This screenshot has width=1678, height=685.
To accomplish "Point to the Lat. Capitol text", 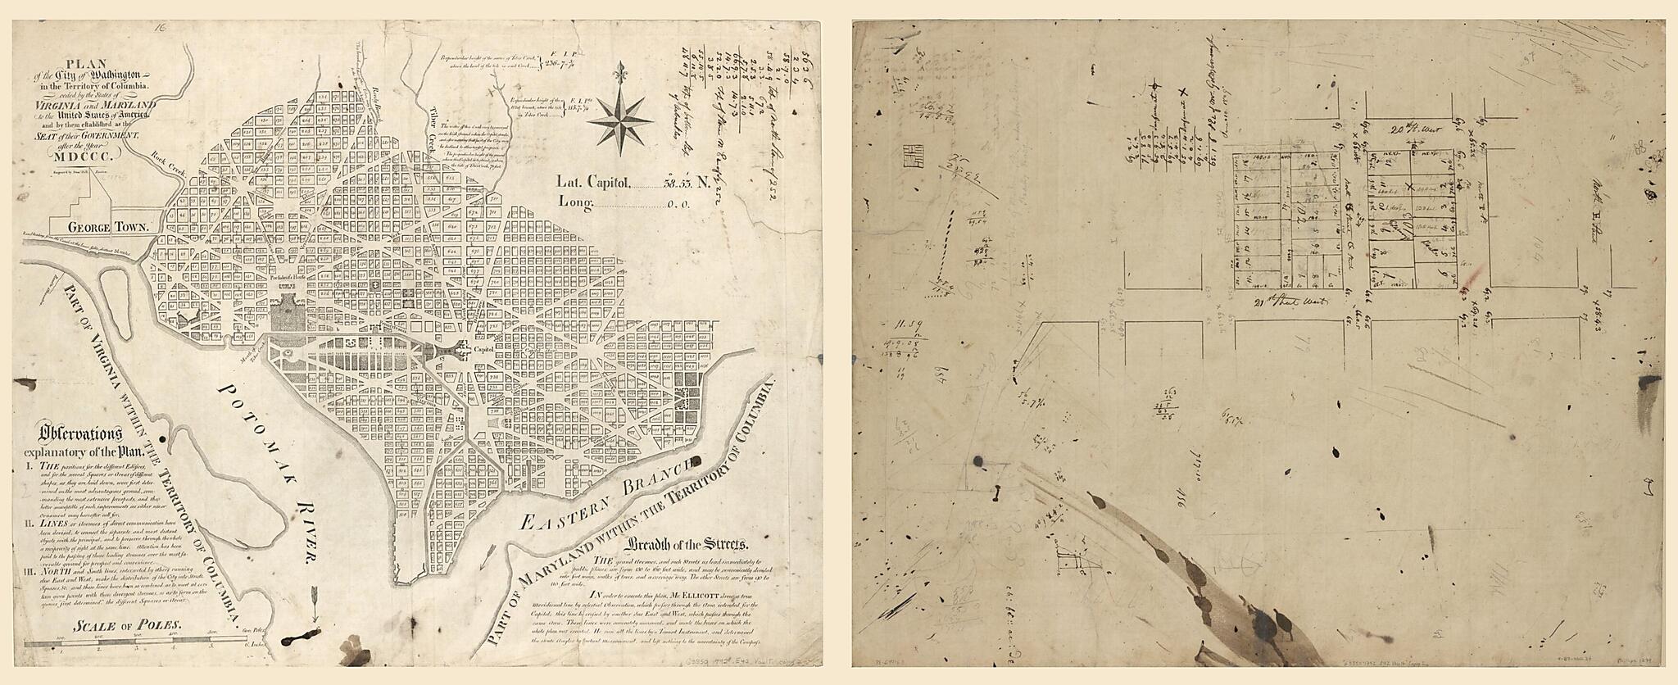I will pos(593,205).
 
